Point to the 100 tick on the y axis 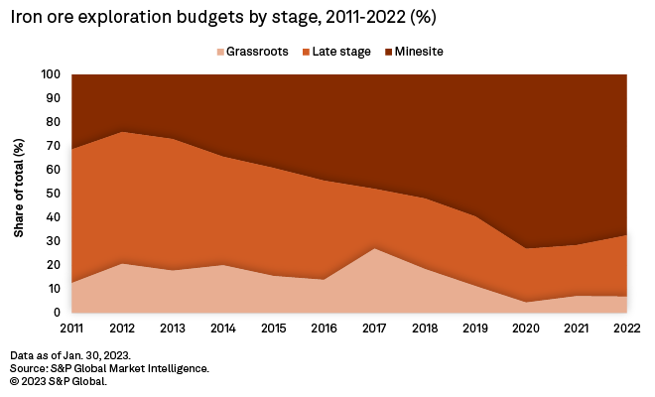[52, 74]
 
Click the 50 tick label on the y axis [55, 194]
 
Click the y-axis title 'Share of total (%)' [20, 194]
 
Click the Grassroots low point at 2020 [527, 302]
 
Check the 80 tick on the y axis [55, 122]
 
